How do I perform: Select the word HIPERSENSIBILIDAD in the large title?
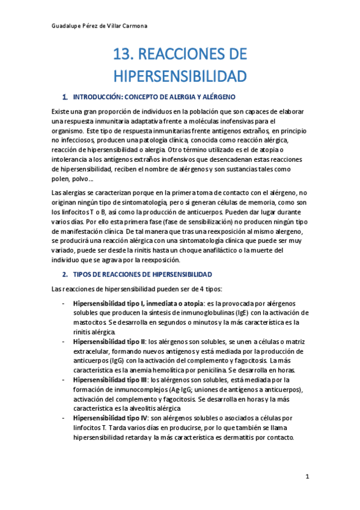180,76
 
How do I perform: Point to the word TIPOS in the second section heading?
82,274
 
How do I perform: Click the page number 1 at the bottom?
307,477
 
